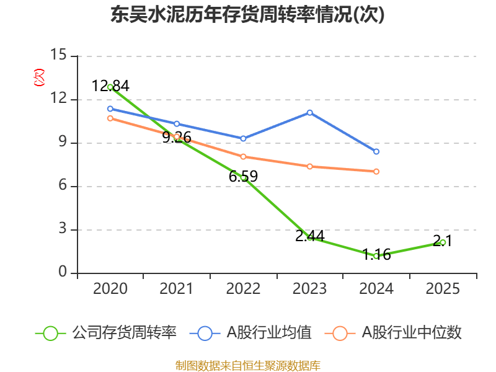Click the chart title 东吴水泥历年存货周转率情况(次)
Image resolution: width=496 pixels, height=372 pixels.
pos(247,15)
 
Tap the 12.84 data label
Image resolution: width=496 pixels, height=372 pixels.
pos(110,86)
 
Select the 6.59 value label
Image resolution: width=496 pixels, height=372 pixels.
pos(243,177)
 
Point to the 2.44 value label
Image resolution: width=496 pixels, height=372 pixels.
pos(309,236)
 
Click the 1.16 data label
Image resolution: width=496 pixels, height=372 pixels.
pos(376,254)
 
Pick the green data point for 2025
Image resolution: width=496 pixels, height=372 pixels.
pos(443,242)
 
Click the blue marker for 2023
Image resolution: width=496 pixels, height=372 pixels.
pos(309,112)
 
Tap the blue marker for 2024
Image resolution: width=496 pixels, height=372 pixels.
pos(376,151)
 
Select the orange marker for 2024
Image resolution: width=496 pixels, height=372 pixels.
pos(376,171)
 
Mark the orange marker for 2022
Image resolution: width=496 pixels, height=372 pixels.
pos(243,157)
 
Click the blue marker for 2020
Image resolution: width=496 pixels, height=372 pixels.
pos(110,108)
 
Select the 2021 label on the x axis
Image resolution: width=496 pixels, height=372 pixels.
pos(176,289)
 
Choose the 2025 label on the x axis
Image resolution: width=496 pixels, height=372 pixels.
pos(443,289)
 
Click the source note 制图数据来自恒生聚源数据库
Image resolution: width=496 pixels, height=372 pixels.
pos(247,365)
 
